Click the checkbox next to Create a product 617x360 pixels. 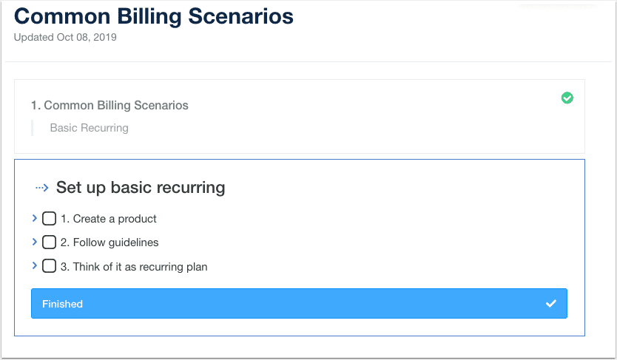point(49,219)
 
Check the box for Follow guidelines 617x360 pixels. point(49,242)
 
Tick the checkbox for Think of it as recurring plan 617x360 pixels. point(49,266)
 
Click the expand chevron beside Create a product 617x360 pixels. point(35,218)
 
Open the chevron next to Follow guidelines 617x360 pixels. point(35,242)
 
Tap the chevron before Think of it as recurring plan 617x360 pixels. point(35,265)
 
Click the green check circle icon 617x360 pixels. point(567,98)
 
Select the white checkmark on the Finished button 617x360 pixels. point(551,303)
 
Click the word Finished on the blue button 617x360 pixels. point(63,304)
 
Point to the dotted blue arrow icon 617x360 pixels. point(41,188)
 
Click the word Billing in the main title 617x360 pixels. point(149,17)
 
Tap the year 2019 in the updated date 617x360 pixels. point(105,38)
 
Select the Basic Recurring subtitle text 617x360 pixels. point(90,128)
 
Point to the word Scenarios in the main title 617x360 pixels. point(241,16)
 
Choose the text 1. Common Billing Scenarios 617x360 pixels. point(109,105)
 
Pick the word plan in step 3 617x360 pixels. point(197,267)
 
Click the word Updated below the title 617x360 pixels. point(34,38)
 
